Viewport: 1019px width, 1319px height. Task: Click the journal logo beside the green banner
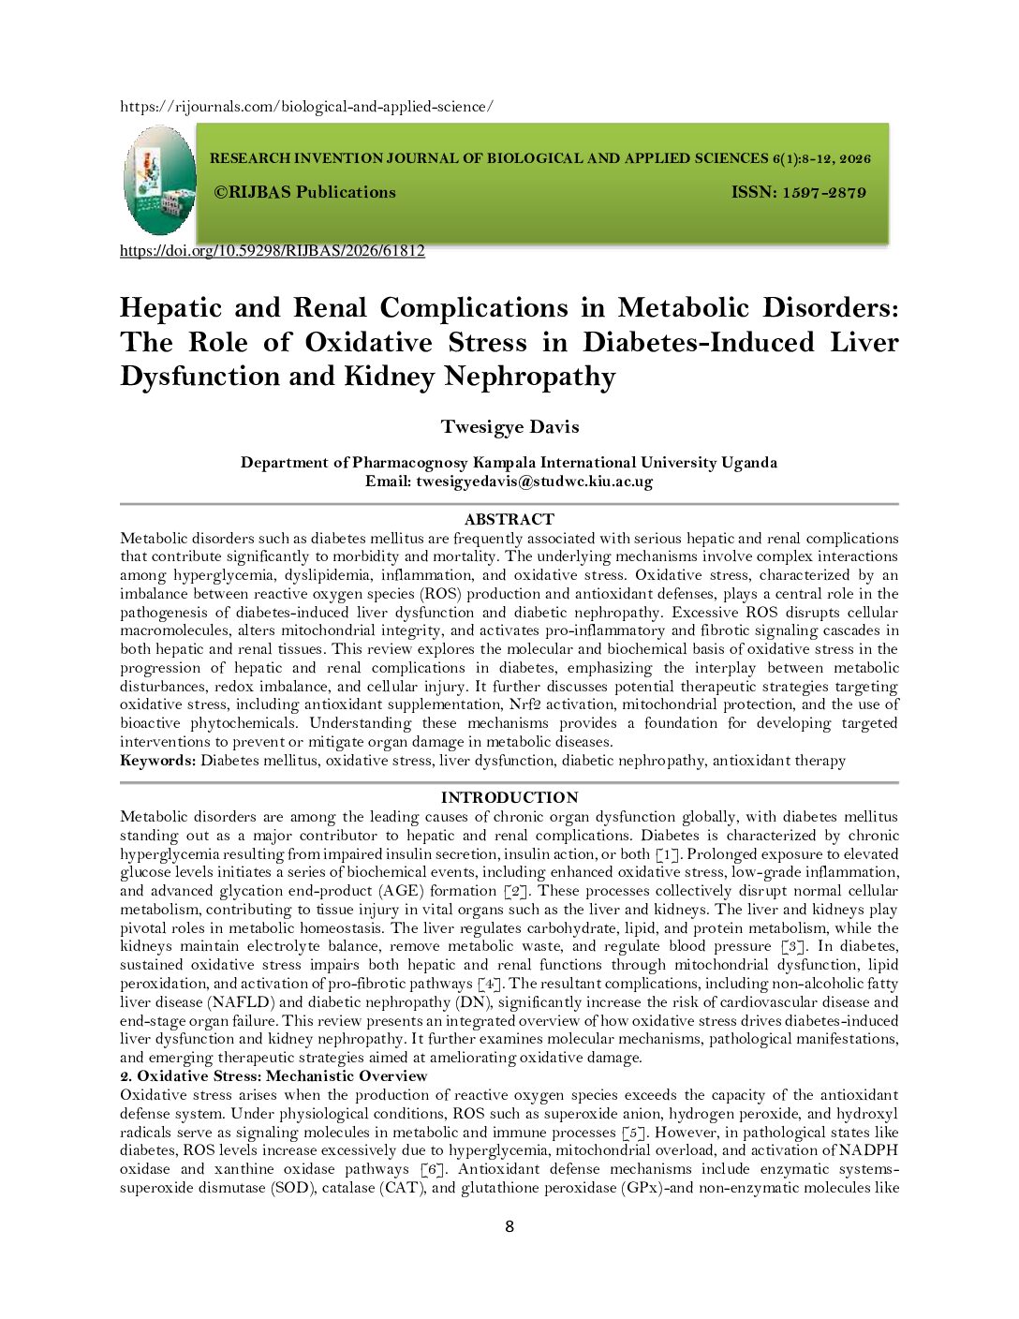pyautogui.click(x=159, y=180)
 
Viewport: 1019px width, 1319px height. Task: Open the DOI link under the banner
pyautogui.click(x=273, y=251)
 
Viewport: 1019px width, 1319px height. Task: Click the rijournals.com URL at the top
pyautogui.click(x=306, y=107)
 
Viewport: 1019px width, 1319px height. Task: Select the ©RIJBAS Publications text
pyautogui.click(x=305, y=193)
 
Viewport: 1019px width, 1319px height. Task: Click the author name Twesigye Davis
pyautogui.click(x=509, y=427)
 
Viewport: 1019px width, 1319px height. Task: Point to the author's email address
pyautogui.click(x=534, y=482)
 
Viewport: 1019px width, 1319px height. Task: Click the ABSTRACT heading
pyautogui.click(x=509, y=519)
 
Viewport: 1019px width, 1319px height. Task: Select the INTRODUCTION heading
pyautogui.click(x=509, y=797)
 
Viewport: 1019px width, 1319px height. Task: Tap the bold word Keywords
pyautogui.click(x=158, y=761)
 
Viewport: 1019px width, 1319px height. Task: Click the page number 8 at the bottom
pyautogui.click(x=509, y=1227)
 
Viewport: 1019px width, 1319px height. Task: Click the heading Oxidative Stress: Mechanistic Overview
pyautogui.click(x=281, y=1076)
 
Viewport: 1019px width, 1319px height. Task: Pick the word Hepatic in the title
pyautogui.click(x=170, y=308)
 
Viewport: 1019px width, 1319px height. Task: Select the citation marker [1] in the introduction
pyautogui.click(x=666, y=854)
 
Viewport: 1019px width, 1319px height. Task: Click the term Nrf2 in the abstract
pyautogui.click(x=524, y=704)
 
